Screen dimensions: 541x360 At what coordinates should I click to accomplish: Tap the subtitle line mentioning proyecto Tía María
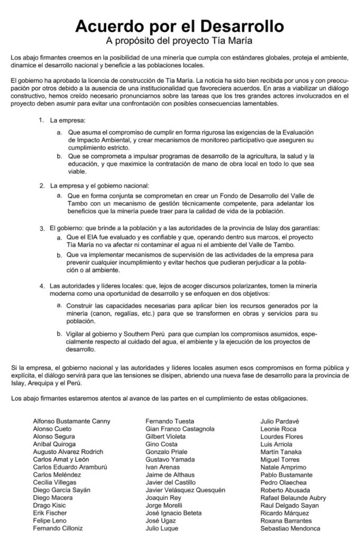tap(180, 40)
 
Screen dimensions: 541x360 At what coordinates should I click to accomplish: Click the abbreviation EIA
tap(93, 237)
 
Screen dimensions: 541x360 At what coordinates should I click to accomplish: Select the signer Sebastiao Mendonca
tap(290, 528)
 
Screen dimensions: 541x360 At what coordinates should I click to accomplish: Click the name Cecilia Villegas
tap(54, 482)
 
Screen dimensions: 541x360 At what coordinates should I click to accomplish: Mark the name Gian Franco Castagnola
tap(180, 428)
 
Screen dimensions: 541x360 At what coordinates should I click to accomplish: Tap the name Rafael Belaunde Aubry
tap(293, 497)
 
